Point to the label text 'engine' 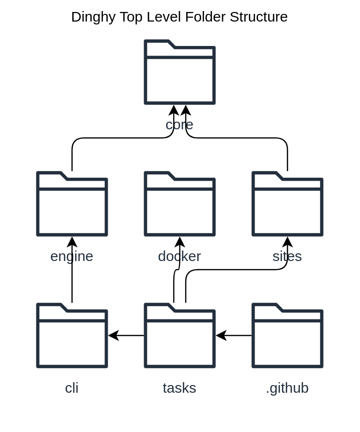coord(72,256)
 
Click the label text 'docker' coord(180,256)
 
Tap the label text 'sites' coord(287,256)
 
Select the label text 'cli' coord(72,388)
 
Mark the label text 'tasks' coord(180,388)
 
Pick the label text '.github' coord(287,388)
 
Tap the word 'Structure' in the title coord(259,17)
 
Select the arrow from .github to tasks coord(235,335)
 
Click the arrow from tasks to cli coord(127,335)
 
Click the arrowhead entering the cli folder coord(113,335)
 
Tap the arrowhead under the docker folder coord(180,242)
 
